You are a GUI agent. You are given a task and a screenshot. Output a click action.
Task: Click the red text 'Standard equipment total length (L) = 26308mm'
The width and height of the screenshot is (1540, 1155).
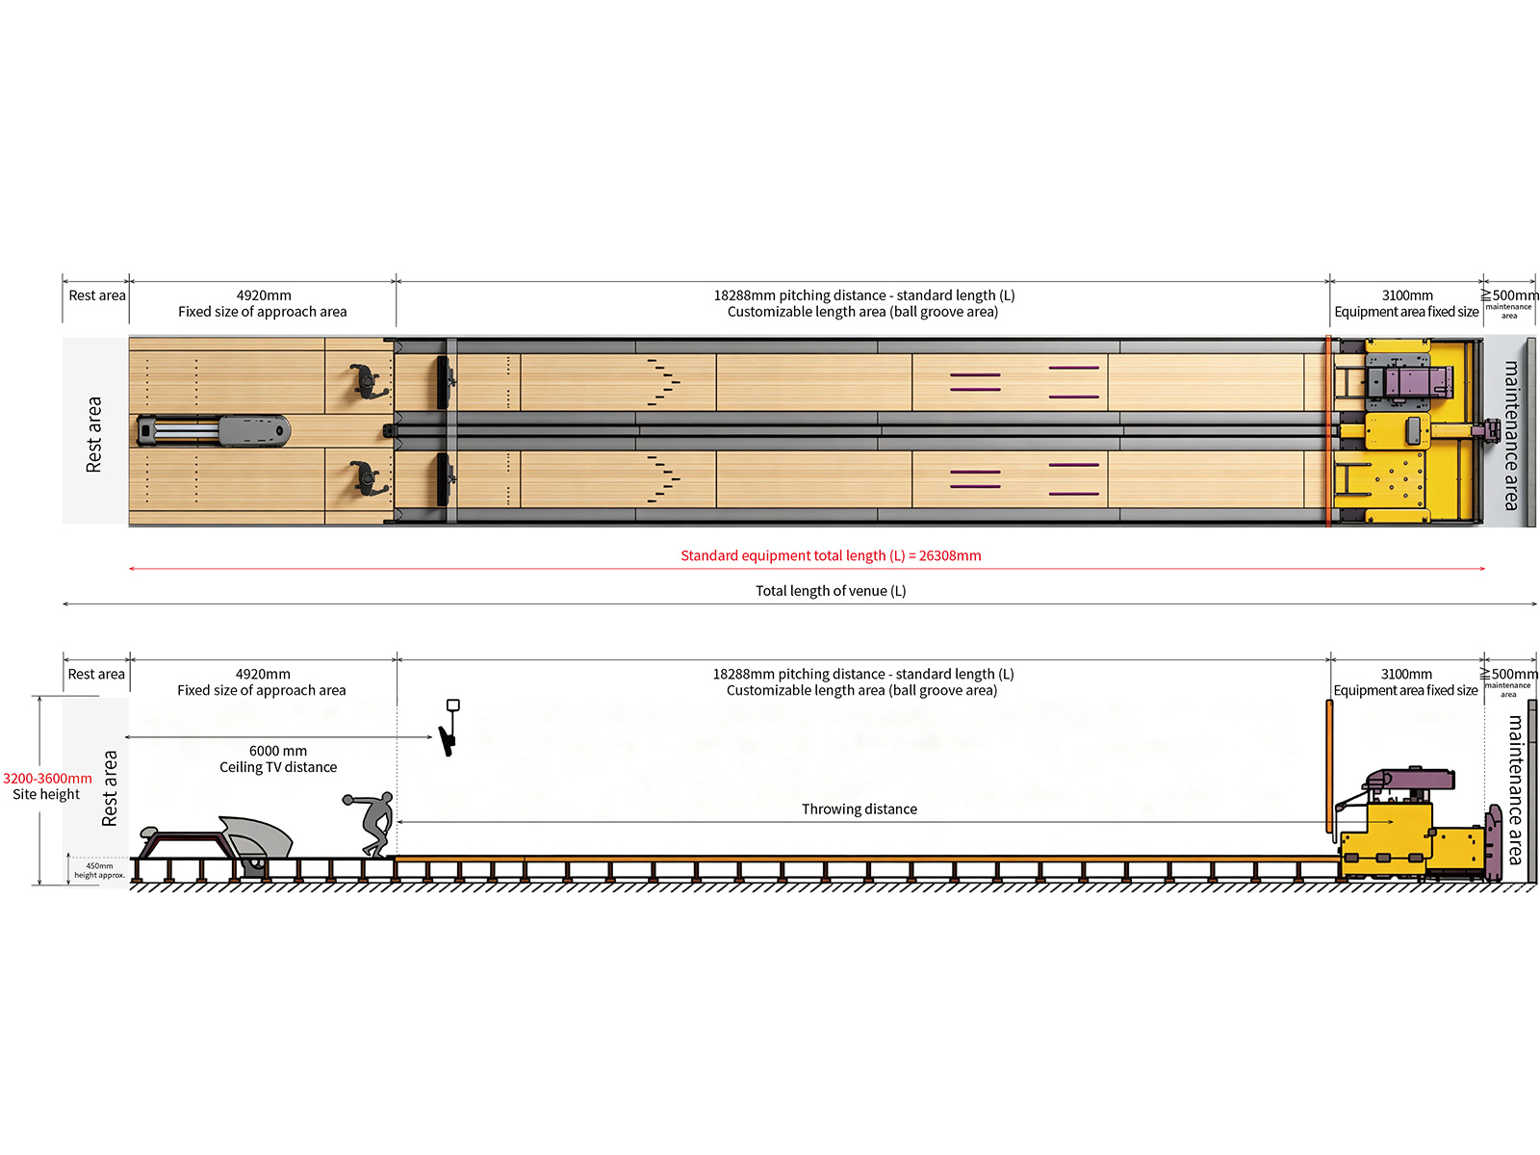coord(830,555)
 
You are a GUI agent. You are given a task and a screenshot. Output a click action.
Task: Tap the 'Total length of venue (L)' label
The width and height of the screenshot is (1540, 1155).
coord(830,590)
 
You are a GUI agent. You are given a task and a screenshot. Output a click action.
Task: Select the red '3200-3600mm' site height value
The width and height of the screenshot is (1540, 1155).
coord(47,778)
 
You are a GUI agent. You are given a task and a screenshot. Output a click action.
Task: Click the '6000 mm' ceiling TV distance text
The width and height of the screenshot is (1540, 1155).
coord(278,751)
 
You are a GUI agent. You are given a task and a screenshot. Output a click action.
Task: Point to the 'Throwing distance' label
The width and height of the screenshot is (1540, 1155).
coord(859,808)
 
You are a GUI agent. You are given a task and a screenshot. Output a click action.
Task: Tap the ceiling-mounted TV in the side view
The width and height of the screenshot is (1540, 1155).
coord(449,729)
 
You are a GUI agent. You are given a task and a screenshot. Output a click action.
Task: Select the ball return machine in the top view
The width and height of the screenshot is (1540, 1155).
coord(214,430)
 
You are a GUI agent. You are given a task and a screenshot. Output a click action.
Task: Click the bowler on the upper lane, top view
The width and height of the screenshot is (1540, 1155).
coord(368,382)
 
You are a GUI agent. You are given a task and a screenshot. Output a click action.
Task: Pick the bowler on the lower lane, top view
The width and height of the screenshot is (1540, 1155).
coord(368,479)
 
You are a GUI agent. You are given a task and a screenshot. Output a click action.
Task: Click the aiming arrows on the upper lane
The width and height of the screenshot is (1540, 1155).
coord(663,382)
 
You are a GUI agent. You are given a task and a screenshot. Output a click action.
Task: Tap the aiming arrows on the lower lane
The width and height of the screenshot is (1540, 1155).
coord(663,479)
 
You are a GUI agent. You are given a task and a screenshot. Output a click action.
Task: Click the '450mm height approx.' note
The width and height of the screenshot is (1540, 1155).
coord(100,870)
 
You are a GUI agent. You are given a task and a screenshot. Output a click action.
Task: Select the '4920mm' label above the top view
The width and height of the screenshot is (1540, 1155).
coord(264,295)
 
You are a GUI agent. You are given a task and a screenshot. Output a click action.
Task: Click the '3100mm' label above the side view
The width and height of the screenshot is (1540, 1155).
coord(1406,674)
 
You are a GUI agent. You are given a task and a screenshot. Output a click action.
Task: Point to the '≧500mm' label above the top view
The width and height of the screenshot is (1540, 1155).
coord(1509,295)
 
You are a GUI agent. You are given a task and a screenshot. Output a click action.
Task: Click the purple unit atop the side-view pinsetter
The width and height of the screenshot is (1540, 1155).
coord(1409,780)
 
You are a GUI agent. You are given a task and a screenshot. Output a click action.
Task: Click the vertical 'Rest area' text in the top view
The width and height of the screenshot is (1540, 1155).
coord(93,434)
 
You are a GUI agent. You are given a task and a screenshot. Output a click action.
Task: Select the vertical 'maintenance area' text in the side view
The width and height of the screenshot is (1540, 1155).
coord(1515,789)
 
